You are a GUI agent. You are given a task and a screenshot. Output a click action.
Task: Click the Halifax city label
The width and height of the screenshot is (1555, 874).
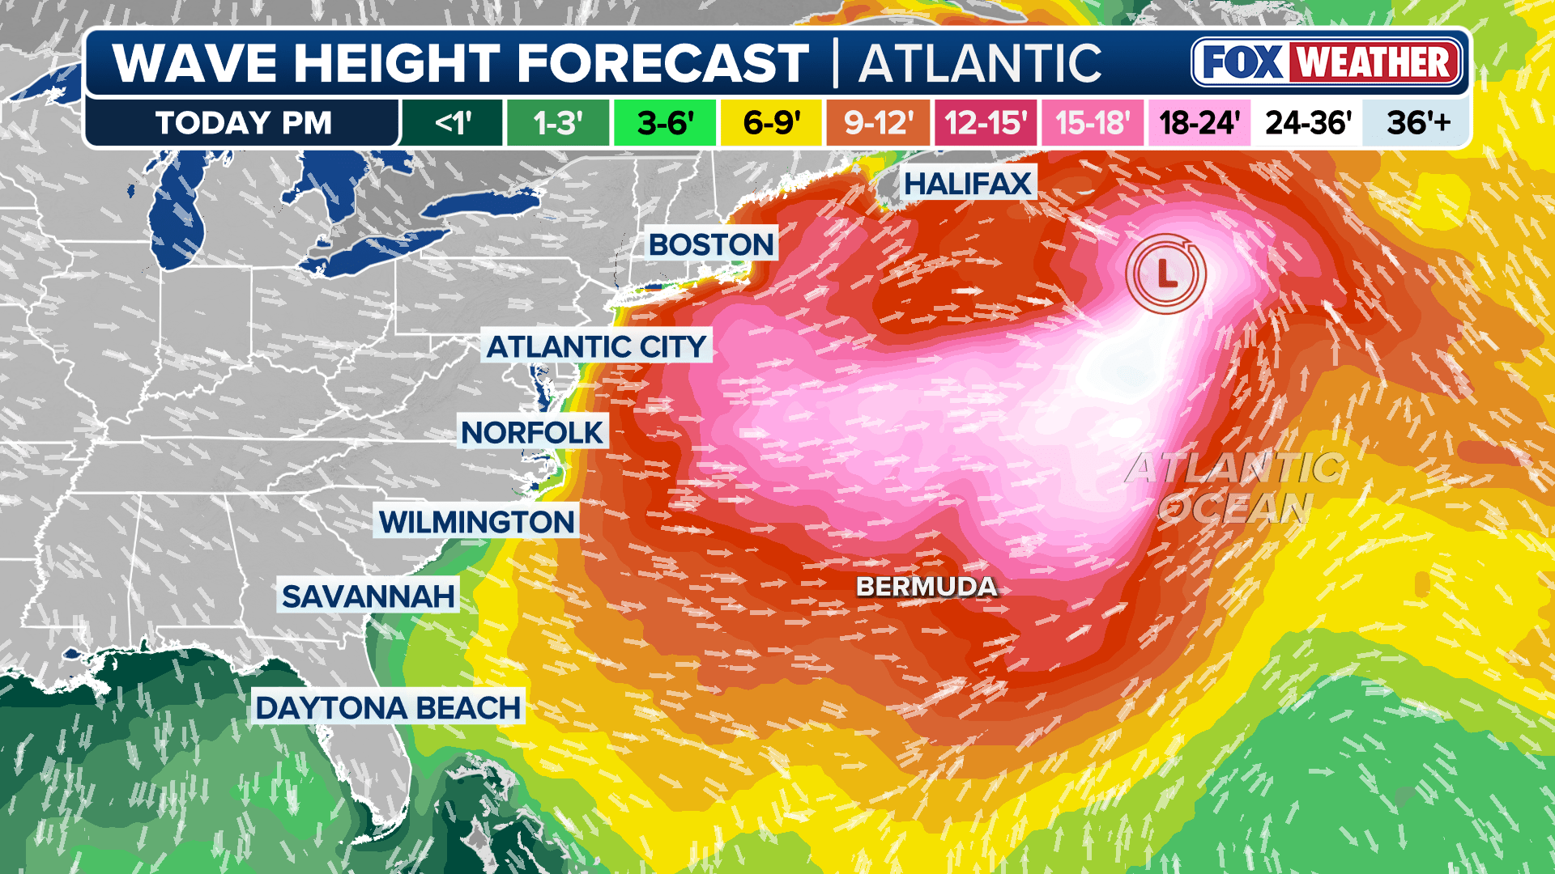tap(968, 184)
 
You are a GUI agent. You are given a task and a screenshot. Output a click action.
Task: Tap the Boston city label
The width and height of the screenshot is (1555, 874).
tap(711, 244)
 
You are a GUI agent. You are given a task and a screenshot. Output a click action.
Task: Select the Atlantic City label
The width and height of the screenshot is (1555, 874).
tap(597, 346)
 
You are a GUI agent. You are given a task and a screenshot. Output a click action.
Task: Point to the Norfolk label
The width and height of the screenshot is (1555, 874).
tap(532, 433)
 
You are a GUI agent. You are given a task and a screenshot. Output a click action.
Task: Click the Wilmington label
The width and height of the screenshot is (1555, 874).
tap(476, 522)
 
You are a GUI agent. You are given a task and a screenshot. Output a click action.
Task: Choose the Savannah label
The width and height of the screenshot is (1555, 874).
tap(368, 596)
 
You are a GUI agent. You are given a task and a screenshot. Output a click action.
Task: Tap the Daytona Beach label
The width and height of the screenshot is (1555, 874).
tap(388, 708)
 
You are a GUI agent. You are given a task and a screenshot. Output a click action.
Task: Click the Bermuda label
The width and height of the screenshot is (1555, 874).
tap(927, 587)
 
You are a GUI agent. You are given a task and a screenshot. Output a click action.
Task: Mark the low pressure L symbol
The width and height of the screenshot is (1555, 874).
tap(1165, 274)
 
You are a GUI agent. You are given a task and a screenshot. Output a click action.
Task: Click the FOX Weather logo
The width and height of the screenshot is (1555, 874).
tap(1327, 62)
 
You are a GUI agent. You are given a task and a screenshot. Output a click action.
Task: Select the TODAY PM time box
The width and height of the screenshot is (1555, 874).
tap(243, 123)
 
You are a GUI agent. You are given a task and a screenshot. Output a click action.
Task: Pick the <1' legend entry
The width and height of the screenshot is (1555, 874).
tap(453, 123)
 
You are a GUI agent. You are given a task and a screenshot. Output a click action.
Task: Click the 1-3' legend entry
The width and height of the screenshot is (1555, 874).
tap(558, 123)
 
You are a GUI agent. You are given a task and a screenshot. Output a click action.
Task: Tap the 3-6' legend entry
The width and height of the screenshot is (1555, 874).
tap(665, 123)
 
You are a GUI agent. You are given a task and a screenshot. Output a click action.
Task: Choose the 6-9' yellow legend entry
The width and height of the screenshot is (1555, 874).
tap(772, 123)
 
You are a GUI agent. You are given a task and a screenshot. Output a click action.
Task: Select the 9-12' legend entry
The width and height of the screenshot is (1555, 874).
tap(879, 123)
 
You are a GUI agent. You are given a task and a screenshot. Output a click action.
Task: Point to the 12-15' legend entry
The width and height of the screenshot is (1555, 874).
tap(986, 123)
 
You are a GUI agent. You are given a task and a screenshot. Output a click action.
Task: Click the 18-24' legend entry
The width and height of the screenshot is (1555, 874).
tap(1199, 123)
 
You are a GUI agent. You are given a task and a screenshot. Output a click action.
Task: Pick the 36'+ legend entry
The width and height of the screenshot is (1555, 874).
tap(1418, 123)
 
